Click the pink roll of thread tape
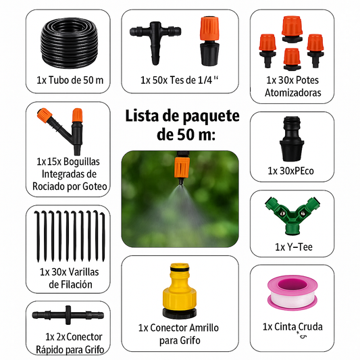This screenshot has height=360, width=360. tap(292, 292)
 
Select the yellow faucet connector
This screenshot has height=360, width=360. tap(180, 291)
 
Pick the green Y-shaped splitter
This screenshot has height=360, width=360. tap(292, 215)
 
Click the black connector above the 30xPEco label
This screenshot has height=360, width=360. tap(292, 138)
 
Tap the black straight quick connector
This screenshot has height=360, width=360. tap(68, 315)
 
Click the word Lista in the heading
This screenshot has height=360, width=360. tap(142, 116)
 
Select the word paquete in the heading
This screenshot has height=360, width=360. tap(211, 117)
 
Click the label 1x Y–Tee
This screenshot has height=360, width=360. tap(294, 247)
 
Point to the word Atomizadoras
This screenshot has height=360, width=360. tap(292, 93)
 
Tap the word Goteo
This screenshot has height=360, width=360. tap(95, 186)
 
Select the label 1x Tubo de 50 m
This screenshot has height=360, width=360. tap(70, 80)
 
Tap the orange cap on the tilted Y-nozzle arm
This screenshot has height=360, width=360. tap(45, 114)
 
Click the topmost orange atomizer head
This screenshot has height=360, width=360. tap(292, 26)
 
